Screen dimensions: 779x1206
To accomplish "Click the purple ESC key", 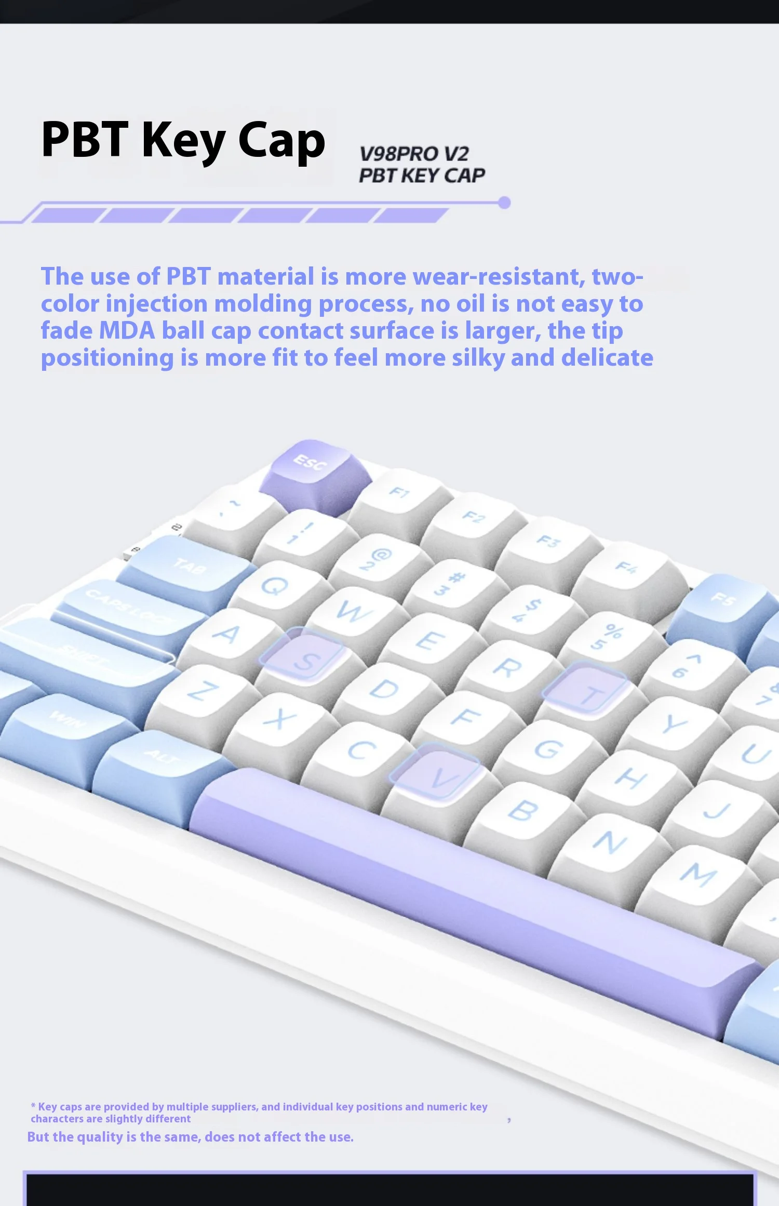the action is [315, 475].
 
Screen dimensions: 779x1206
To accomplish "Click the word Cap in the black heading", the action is [281, 140].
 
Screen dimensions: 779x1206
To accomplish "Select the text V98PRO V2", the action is [414, 154].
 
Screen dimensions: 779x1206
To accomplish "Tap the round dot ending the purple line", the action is [504, 203].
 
